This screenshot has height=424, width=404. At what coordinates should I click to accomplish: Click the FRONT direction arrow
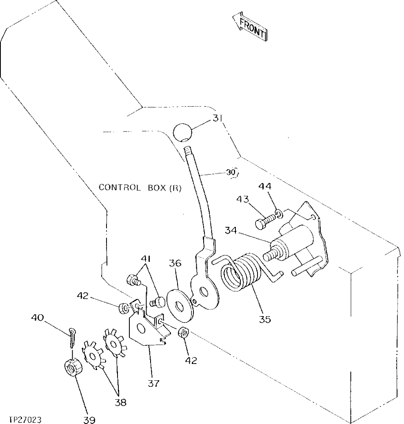(x=250, y=28)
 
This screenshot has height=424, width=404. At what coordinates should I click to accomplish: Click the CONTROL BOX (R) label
(x=140, y=188)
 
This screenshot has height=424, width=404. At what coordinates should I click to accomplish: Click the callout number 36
(x=176, y=264)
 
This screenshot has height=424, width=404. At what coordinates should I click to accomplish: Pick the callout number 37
(x=154, y=383)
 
